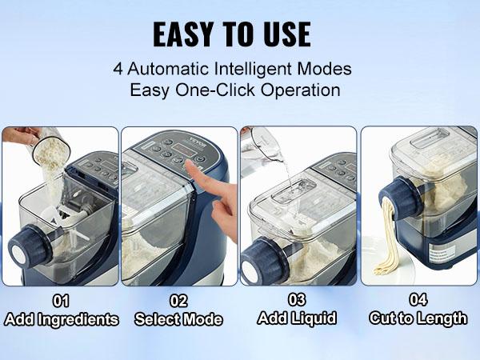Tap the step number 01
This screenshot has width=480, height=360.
pos(61,302)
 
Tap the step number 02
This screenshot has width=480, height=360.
pos(178,302)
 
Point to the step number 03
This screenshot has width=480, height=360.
pos(298,301)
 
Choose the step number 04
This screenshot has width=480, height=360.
pos(418,301)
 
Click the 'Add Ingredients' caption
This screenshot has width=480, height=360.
pos(61,320)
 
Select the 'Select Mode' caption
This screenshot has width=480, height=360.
pos(178,320)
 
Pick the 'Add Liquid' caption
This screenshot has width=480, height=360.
pos(298,318)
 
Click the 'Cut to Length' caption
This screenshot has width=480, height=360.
pos(418,318)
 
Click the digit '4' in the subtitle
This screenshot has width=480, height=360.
pos(118,69)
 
